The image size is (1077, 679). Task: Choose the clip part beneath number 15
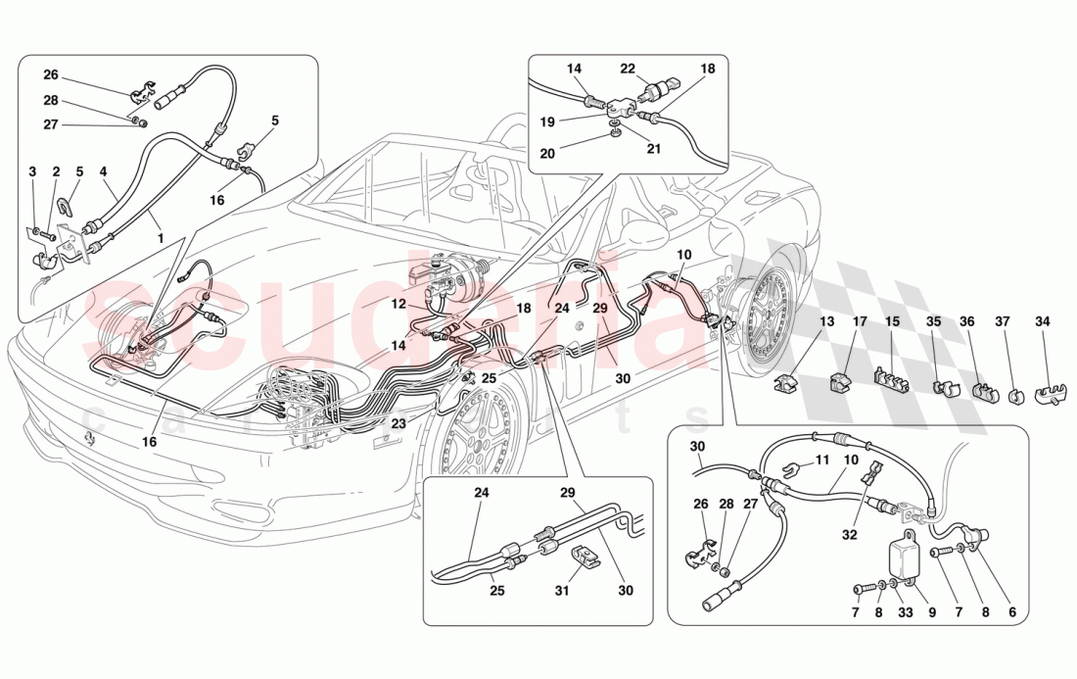pos(892,378)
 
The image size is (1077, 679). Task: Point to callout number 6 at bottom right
pos(1012,611)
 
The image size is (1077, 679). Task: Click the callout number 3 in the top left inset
pos(32,172)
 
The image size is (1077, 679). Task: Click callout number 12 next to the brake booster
pos(398,305)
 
